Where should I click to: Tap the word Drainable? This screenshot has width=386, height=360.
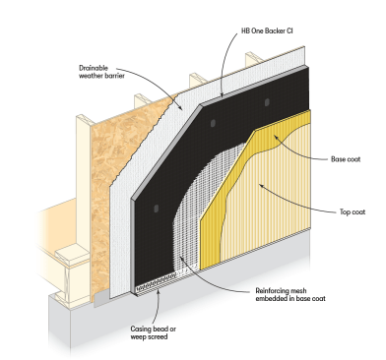[x=94, y=68]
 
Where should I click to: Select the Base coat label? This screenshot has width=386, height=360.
[x=346, y=159]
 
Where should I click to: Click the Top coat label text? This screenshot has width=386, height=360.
[x=353, y=212]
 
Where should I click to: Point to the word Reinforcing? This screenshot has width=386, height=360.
[x=272, y=291]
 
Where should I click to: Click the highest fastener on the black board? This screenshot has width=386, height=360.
[x=267, y=102]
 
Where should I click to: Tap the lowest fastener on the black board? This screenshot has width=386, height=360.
[x=157, y=209]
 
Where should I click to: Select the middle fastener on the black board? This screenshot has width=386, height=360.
[x=213, y=123]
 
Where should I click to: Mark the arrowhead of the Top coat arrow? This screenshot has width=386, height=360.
[x=261, y=186]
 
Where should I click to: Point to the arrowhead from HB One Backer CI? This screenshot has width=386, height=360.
[x=222, y=95]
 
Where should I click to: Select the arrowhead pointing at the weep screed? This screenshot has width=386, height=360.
[x=159, y=291]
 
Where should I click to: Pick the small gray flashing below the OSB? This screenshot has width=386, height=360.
[x=101, y=298]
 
